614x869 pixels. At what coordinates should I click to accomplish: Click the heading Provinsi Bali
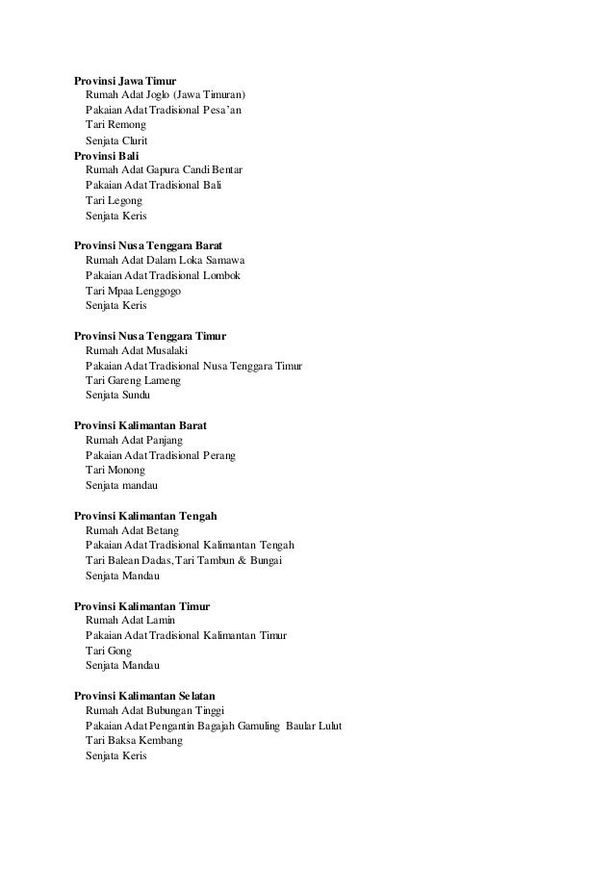pyautogui.click(x=108, y=155)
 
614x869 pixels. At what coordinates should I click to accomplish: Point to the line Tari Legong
pyautogui.click(x=114, y=200)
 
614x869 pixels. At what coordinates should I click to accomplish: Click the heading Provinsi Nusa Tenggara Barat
pyautogui.click(x=155, y=245)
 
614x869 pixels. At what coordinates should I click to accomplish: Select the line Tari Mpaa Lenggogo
pyautogui.click(x=134, y=291)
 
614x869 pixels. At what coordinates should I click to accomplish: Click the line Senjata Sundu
pyautogui.click(x=117, y=396)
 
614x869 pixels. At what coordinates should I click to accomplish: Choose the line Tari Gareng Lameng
pyautogui.click(x=133, y=380)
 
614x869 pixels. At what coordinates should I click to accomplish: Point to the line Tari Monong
pyautogui.click(x=115, y=471)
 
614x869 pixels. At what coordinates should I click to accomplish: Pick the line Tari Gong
pyautogui.click(x=109, y=651)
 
